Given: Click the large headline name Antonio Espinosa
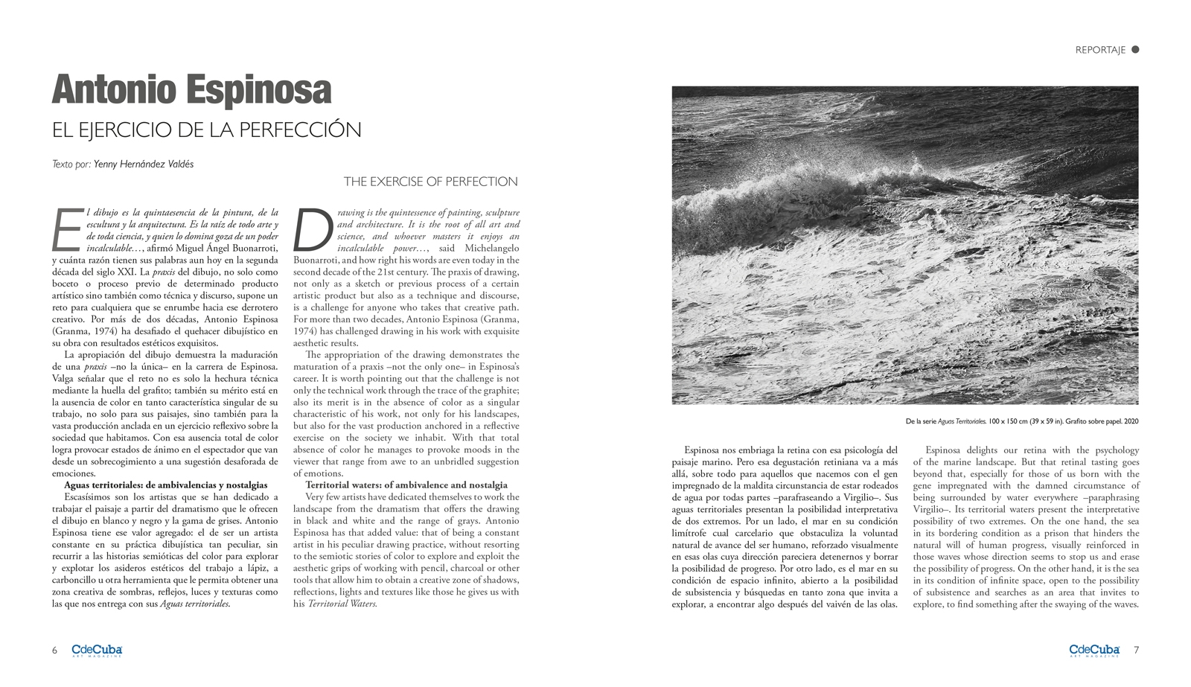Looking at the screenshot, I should coord(191,91).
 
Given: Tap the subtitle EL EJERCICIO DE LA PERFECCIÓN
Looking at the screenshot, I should coord(206,130).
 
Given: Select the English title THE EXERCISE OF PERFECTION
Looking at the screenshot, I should coord(430,182).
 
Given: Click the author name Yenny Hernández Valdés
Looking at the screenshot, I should coord(144,164).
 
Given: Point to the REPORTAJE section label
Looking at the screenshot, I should coord(1099,50).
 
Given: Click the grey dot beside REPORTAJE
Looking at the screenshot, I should coord(1135,50).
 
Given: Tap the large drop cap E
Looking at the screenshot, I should coord(66,229).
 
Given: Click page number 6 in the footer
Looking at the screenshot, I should coord(54,650).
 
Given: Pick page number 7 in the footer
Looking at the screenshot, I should coord(1136,650).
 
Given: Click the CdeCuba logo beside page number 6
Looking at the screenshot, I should coord(97,650).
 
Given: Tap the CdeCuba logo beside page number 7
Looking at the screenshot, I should coord(1094,650).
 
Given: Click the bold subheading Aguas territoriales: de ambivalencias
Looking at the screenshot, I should coord(165,485).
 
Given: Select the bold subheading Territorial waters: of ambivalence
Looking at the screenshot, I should coord(406,485).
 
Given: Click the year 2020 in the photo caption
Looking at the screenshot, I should coord(1130,422).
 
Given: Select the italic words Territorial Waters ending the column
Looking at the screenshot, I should coord(342,604).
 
